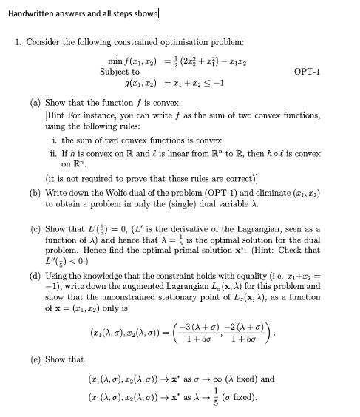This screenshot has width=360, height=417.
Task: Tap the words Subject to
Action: pos(120,72)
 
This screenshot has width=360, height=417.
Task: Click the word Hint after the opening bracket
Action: pos(57,114)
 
